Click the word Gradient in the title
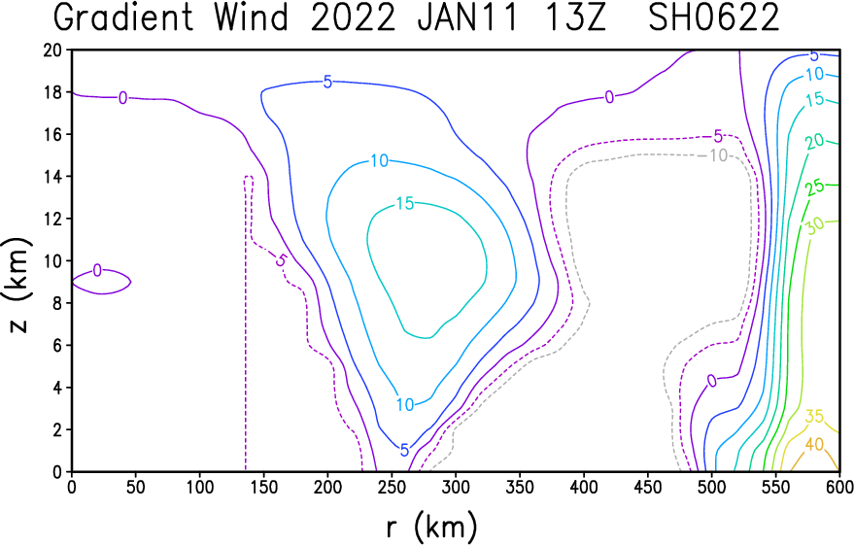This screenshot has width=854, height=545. pyautogui.click(x=124, y=17)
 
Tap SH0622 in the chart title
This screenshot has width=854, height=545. pyautogui.click(x=714, y=17)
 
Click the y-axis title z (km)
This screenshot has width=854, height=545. pyautogui.click(x=17, y=286)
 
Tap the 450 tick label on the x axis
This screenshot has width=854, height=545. pyautogui.click(x=648, y=488)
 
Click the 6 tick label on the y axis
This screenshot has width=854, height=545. pyautogui.click(x=57, y=345)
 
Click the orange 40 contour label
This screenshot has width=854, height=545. pyautogui.click(x=814, y=445)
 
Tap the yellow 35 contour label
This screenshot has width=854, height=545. pyautogui.click(x=814, y=417)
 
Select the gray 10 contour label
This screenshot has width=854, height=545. pyautogui.click(x=718, y=155)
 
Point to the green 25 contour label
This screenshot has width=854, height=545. pyautogui.click(x=815, y=188)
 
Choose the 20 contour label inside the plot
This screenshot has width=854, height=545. pyautogui.click(x=815, y=142)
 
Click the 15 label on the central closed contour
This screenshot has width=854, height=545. pyautogui.click(x=405, y=204)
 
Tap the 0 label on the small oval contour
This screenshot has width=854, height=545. pyautogui.click(x=97, y=270)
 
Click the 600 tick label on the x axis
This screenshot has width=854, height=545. pyautogui.click(x=838, y=488)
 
